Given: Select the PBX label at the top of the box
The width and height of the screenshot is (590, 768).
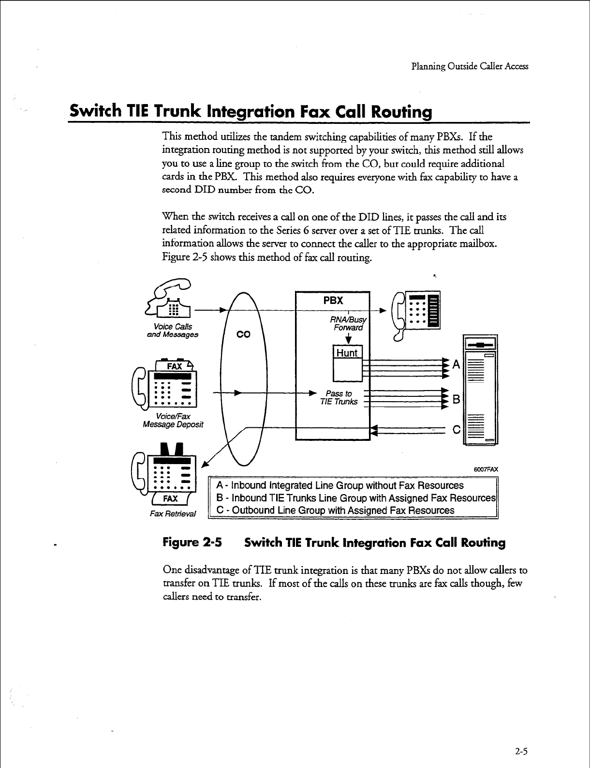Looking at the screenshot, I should (333, 301).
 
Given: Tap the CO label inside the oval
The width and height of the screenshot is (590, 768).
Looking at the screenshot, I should (243, 334).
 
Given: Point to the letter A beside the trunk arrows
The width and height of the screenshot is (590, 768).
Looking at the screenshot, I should (456, 365).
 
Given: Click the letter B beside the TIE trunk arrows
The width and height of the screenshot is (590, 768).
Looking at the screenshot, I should (456, 400).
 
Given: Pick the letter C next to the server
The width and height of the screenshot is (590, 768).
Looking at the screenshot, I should (456, 430).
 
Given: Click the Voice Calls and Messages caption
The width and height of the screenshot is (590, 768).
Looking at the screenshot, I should (173, 331).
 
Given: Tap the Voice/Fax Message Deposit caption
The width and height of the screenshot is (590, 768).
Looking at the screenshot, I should (173, 421).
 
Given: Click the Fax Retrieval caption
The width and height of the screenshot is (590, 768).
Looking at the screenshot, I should (173, 513).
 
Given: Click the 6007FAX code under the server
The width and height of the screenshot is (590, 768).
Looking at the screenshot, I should (486, 469).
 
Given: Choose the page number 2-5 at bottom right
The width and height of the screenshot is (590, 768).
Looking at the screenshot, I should (521, 752).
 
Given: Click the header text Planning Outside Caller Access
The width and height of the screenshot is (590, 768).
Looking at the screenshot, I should (470, 66).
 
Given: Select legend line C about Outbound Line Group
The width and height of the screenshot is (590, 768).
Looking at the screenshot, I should (335, 511).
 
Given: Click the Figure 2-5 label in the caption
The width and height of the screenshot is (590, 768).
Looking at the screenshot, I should (192, 542).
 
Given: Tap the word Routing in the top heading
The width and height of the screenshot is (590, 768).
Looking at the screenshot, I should (401, 112).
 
